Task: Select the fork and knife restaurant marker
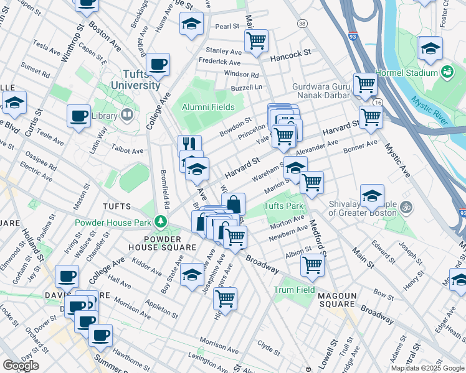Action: (x=189, y=145)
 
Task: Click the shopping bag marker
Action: (x=233, y=203)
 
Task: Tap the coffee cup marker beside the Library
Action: (x=79, y=115)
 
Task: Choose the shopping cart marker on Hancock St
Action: (x=256, y=41)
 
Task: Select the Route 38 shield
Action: (x=302, y=24)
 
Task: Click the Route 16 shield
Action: (x=378, y=102)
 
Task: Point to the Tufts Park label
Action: (x=283, y=206)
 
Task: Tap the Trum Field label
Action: (x=294, y=290)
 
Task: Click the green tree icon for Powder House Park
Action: (x=161, y=221)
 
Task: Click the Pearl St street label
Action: (x=227, y=26)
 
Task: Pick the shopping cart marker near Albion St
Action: (x=312, y=264)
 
